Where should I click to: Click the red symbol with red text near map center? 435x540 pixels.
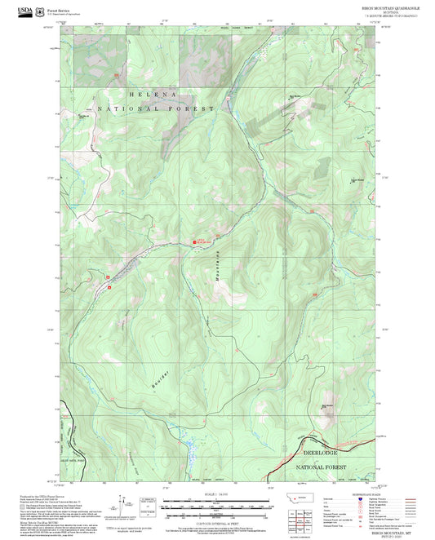(x=201, y=241)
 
